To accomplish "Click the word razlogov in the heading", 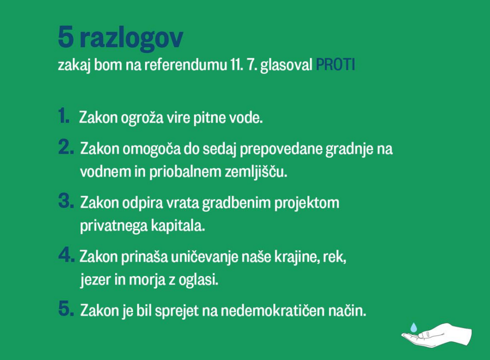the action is (131, 38).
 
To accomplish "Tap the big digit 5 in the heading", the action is (66, 37).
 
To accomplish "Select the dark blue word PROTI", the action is (335, 65).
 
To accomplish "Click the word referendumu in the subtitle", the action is (186, 65).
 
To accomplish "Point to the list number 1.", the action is (64, 116).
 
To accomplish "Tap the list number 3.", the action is (66, 201).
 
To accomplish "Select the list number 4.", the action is (66, 255).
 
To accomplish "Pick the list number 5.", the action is (66, 309).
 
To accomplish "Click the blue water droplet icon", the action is (413, 327).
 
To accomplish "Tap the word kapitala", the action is (178, 226).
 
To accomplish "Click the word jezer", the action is (95, 280).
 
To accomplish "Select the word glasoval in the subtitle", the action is (286, 65).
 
